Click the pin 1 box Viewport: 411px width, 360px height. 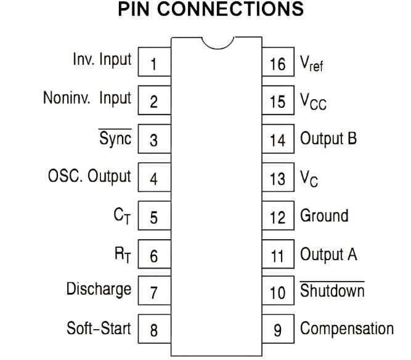[x=153, y=64]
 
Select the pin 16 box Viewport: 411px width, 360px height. [x=278, y=64]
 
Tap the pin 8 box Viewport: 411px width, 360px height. [x=153, y=329]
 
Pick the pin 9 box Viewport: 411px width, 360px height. [x=278, y=329]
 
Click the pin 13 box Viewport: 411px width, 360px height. [x=278, y=178]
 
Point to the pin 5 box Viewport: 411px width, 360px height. [x=153, y=216]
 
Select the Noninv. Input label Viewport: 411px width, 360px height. [x=87, y=99]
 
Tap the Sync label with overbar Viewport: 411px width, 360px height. [x=115, y=138]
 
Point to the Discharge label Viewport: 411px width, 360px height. [x=99, y=288]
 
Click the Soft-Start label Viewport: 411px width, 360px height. [x=99, y=327]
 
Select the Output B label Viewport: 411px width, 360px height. [x=328, y=138]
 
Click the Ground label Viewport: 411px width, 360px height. [x=324, y=216]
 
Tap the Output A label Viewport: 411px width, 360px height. [x=328, y=253]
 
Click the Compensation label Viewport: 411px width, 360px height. [x=346, y=329]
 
